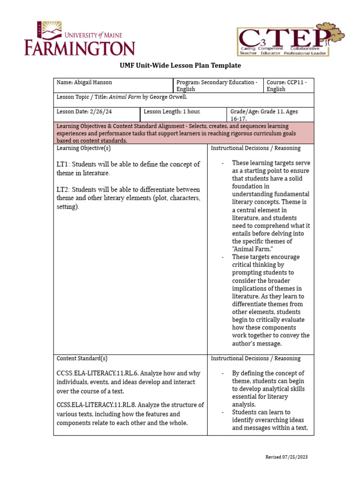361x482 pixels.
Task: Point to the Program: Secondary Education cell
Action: click(217, 86)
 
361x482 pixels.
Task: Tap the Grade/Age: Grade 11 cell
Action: click(270, 115)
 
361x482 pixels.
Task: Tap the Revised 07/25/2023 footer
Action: click(287, 457)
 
